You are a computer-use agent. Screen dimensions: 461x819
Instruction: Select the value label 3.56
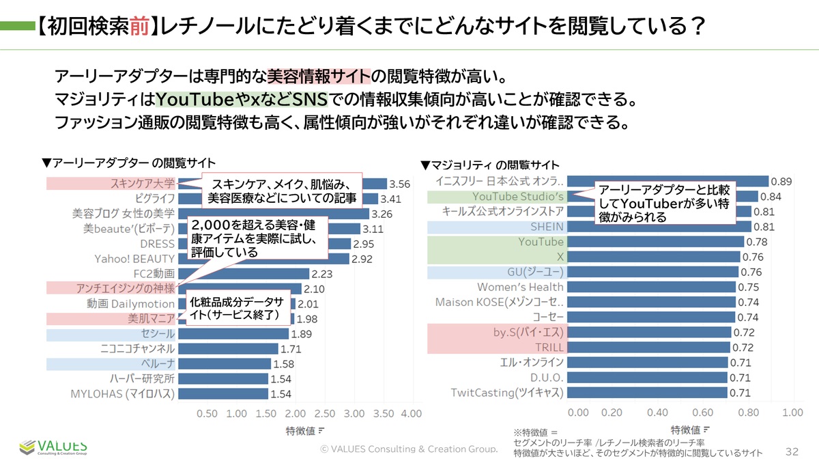399,184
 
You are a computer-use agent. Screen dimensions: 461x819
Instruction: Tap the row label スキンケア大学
143,184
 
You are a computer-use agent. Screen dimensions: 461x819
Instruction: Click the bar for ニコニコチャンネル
232,349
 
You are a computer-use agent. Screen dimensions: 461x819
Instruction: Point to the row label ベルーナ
158,364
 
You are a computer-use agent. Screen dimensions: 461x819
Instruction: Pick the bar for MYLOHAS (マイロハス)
223,394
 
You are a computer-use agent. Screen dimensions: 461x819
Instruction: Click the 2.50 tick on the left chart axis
325,415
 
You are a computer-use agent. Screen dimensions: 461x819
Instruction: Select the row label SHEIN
547,227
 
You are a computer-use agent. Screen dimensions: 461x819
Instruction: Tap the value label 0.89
781,182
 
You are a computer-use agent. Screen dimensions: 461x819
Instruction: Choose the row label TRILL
549,347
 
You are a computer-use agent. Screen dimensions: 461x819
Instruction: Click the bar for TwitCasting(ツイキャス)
647,393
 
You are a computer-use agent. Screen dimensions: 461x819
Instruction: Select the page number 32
792,451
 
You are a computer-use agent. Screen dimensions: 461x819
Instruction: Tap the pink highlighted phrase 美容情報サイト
318,75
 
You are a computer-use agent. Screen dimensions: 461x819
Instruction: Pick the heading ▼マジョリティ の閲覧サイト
490,165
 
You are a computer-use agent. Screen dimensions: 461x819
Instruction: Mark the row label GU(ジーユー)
535,272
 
